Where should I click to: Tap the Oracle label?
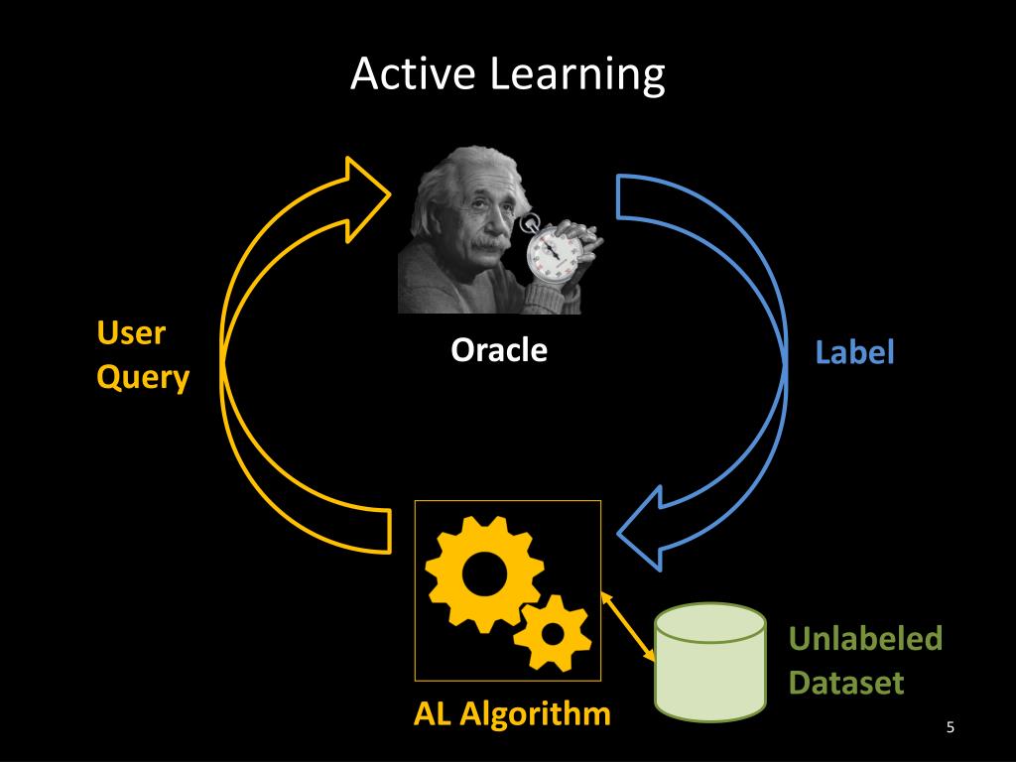499,350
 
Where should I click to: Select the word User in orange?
130,333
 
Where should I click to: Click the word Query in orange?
142,377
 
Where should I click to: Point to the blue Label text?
854,352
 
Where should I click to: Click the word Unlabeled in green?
865,639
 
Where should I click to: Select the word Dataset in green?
846,683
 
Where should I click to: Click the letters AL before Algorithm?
435,713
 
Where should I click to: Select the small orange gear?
552,632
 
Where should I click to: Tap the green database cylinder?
710,661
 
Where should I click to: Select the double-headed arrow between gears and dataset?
627,627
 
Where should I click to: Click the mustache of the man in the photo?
485,242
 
